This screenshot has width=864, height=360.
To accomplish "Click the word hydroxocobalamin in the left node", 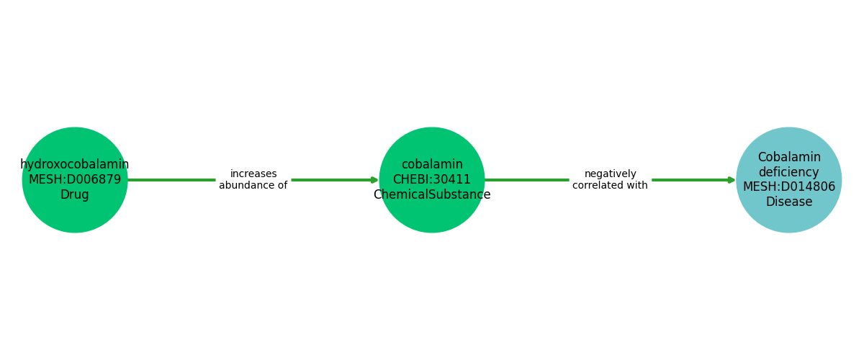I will point(75,165).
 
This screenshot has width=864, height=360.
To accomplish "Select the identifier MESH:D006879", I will point(75,180).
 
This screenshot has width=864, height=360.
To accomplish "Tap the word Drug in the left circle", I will point(75,195).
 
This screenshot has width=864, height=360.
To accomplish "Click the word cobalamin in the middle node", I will point(432,165).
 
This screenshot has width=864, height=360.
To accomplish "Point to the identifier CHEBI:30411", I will point(432,180).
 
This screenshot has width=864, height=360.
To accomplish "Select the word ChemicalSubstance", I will point(432,195).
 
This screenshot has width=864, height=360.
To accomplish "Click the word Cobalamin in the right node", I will point(789,158).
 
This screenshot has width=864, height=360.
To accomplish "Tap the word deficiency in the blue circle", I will point(789,173).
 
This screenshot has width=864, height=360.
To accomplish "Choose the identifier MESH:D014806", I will point(789,187).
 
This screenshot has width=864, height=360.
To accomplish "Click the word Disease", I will point(789,202).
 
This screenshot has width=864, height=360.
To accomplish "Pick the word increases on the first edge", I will point(253,174).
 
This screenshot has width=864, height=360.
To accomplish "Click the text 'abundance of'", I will point(253,186).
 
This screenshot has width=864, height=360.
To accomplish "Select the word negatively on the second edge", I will point(611,174).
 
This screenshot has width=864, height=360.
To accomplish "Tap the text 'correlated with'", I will point(611,186).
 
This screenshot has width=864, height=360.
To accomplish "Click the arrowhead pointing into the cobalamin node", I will point(374,180).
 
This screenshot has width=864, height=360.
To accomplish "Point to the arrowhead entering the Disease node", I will point(732,180).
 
